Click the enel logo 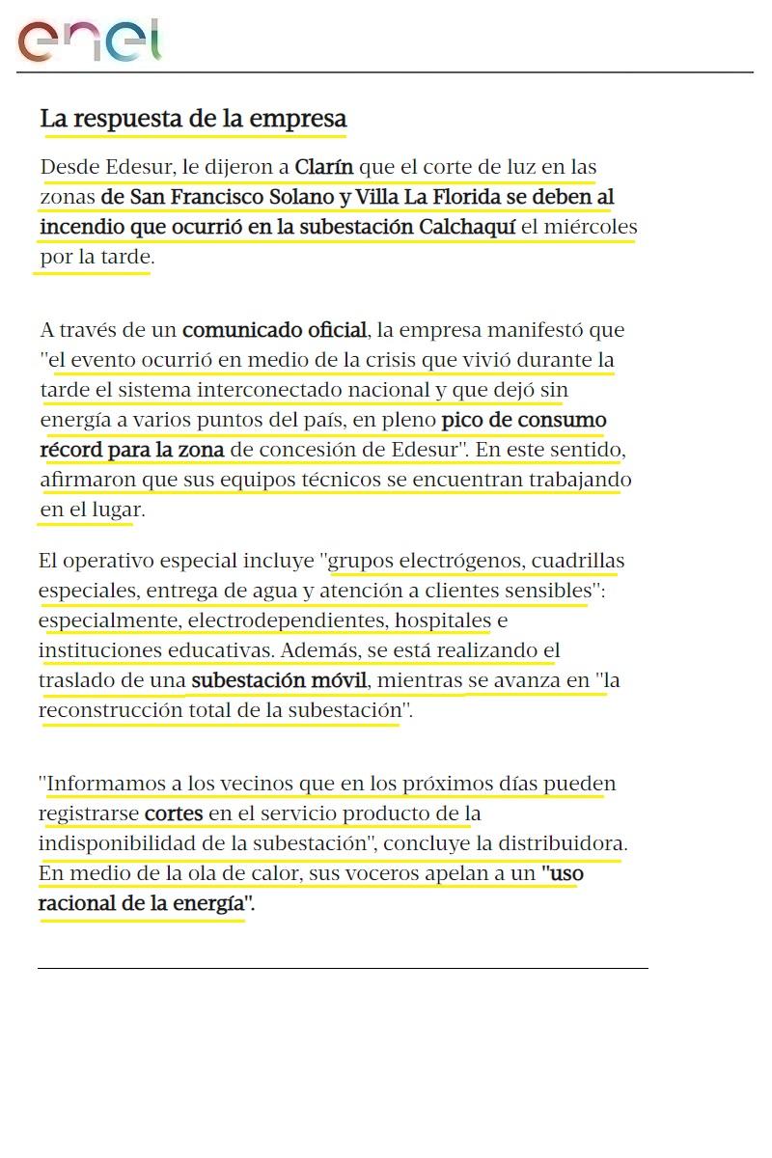point(89,41)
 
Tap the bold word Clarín point(324,167)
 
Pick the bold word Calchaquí point(467,227)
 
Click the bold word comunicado point(241,330)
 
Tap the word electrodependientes point(286,620)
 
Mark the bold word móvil point(339,680)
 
